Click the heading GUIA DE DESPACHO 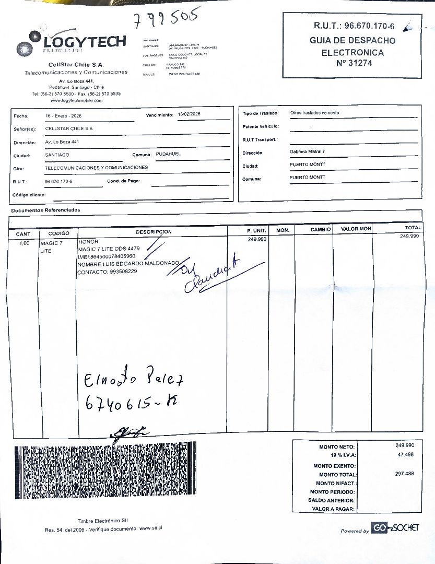point(352,40)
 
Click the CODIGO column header point(58,233)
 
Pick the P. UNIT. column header point(256,230)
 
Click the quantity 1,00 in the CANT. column point(25,243)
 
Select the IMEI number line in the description point(107,256)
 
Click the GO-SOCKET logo point(395,528)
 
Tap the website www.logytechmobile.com point(76,100)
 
